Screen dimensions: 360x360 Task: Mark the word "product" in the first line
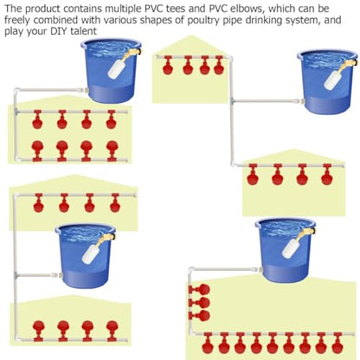43,9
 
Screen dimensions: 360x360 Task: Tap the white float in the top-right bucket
333,80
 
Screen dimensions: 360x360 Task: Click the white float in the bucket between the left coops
91,254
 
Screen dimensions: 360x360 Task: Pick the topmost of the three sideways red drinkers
200,289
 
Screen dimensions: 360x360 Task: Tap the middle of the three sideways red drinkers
200,303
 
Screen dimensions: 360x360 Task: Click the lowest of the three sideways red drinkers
200,316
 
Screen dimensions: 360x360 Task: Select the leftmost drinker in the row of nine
208,343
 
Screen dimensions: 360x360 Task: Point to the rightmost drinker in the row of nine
337,343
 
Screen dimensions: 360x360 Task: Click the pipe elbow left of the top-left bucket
17,91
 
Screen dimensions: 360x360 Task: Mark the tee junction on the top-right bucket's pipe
232,101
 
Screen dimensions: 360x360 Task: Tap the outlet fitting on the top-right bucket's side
300,101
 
